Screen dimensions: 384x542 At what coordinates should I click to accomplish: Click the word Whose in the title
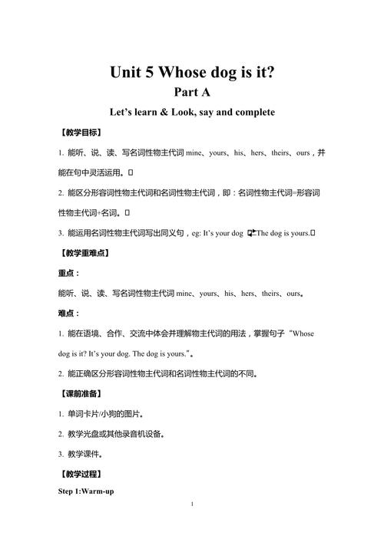[182, 73]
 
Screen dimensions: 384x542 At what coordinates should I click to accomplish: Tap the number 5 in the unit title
[147, 73]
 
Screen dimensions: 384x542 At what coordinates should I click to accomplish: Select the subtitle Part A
[192, 93]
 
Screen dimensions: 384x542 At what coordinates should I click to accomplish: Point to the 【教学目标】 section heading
[79, 133]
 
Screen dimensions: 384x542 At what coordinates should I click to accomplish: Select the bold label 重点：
[69, 273]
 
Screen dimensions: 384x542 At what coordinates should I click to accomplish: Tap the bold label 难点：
[69, 314]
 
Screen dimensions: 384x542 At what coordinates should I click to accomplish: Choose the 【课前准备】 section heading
[79, 393]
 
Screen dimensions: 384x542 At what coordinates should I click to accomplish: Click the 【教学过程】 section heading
[79, 474]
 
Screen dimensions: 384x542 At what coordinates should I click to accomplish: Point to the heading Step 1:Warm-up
[86, 491]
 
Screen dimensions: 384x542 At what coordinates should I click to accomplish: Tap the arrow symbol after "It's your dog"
[251, 233]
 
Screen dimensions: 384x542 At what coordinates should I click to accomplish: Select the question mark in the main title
[270, 73]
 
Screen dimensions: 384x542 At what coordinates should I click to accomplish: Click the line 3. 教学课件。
[85, 454]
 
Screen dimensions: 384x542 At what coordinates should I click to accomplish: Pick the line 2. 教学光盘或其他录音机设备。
[116, 434]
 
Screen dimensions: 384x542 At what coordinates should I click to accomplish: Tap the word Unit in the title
[124, 73]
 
